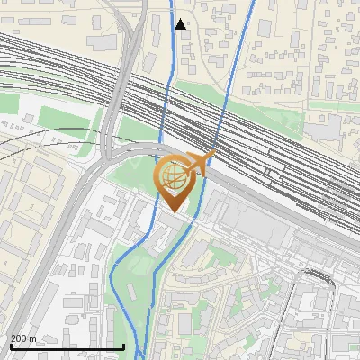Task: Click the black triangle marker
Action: [x=181, y=23]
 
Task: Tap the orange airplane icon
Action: [x=199, y=163]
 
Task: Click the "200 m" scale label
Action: [x=23, y=338]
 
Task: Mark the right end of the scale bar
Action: [x=123, y=346]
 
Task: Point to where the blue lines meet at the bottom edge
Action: [x=142, y=356]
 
